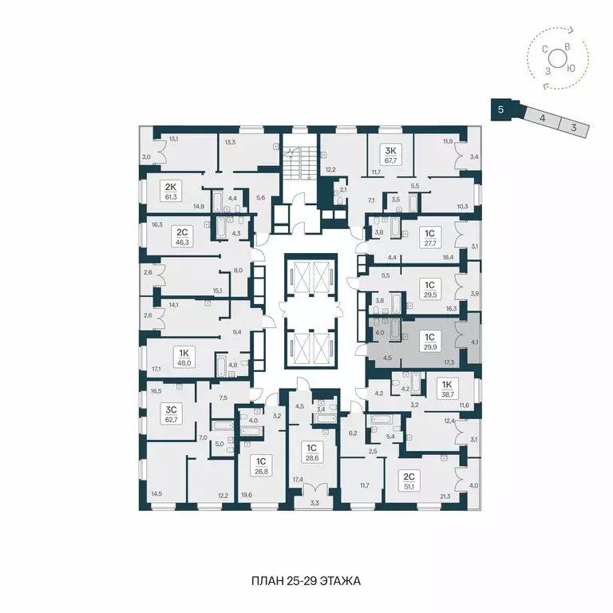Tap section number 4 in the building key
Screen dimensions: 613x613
(x=542, y=117)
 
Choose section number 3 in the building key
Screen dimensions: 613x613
(x=573, y=126)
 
